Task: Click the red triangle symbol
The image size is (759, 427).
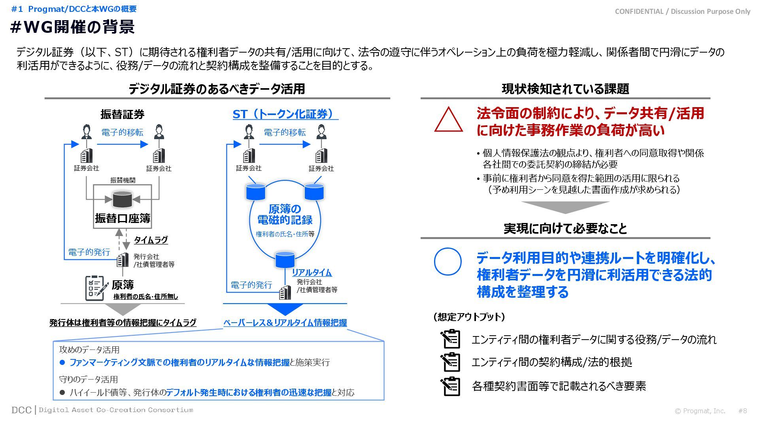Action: (x=448, y=120)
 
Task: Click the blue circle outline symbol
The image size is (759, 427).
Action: (x=447, y=261)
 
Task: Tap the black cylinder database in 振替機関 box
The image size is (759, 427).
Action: (x=123, y=199)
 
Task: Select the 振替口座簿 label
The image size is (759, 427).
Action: (x=123, y=218)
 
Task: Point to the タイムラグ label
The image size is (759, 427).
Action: (x=151, y=240)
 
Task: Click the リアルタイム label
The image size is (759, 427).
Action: (x=312, y=272)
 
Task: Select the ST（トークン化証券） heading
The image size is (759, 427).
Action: (x=285, y=114)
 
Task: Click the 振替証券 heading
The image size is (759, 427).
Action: (x=122, y=114)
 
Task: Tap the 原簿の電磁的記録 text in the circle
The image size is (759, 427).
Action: (x=285, y=214)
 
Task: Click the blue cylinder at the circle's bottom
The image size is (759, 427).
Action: (x=285, y=259)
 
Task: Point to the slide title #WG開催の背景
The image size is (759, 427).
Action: (x=72, y=27)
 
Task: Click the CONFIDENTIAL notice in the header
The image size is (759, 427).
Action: (x=682, y=11)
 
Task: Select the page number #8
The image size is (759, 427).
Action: (x=742, y=411)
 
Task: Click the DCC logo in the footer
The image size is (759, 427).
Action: (x=21, y=410)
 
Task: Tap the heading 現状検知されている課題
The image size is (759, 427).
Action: (x=565, y=89)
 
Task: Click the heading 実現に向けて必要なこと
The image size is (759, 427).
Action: (x=565, y=229)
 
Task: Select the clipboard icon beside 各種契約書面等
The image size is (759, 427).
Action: (x=451, y=386)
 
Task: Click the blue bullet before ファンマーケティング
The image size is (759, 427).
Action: (x=62, y=362)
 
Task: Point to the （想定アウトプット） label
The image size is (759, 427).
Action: (x=469, y=317)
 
